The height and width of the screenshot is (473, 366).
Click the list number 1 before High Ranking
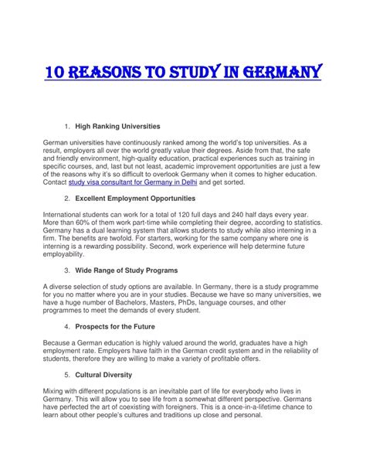(x=68, y=124)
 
